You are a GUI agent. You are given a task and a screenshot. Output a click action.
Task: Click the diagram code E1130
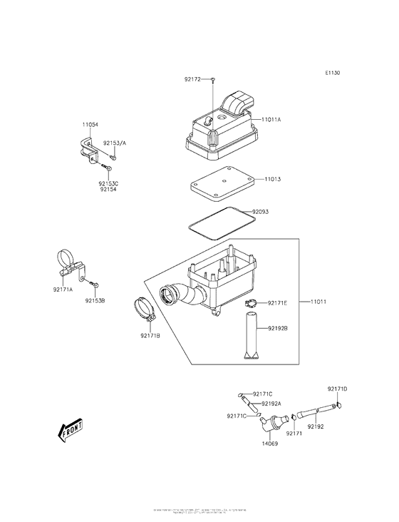coord(333,73)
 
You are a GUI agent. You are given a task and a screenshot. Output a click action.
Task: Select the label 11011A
coord(271,120)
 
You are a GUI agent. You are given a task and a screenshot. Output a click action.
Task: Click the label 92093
coord(261,211)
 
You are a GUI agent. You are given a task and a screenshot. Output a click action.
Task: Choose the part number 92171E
coord(278,303)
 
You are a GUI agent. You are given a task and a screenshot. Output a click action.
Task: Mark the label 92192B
coord(278,328)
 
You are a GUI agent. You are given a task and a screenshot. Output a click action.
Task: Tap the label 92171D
coord(337,389)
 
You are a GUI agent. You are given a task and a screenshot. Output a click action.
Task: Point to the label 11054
coord(90,124)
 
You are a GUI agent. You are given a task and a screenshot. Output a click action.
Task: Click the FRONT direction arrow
coord(70,431)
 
